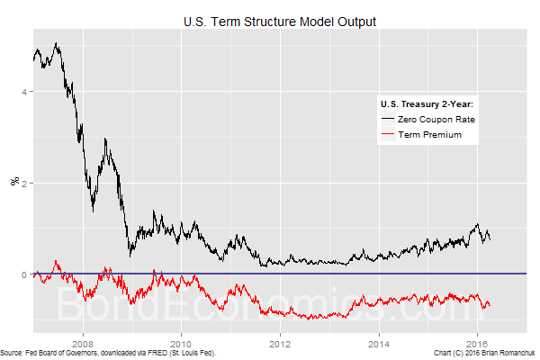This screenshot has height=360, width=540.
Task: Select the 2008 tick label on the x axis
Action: pos(83,342)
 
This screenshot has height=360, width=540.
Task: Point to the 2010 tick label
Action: pos(182,342)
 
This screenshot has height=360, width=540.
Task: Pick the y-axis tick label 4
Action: pos(25,92)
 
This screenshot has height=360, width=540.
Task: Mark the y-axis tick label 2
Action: pos(25,183)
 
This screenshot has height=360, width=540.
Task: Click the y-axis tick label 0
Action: pos(25,274)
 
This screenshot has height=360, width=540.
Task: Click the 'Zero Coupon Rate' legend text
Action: pos(442,119)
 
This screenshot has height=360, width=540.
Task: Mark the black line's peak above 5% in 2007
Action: pos(57,43)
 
